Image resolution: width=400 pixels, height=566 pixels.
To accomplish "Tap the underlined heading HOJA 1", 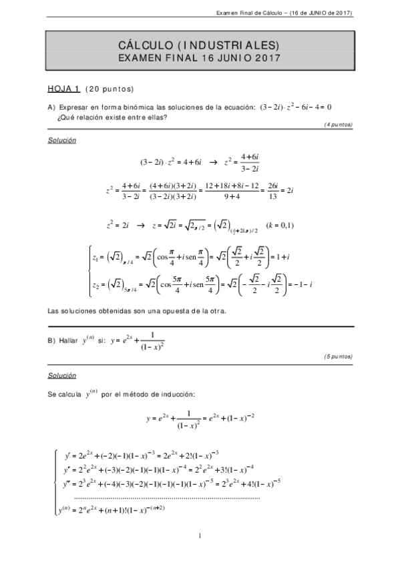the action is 63,88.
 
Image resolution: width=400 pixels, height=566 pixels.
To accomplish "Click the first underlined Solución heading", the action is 61,140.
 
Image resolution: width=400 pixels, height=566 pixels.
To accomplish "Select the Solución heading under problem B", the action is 61,376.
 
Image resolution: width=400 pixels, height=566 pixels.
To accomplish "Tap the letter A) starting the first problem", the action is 51,107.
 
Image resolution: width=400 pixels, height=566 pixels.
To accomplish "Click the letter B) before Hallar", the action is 51,340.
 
